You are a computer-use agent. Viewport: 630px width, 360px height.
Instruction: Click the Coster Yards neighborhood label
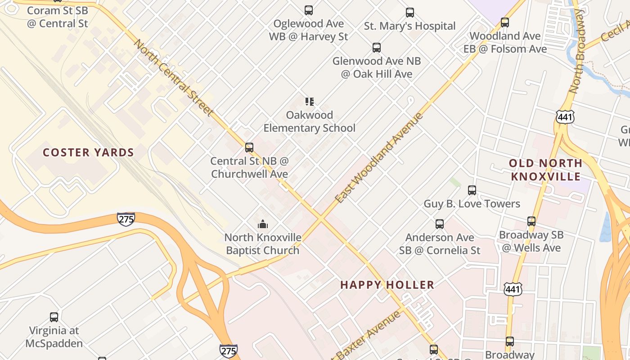coord(88,153)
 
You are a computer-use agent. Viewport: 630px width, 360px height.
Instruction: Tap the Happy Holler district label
coord(387,285)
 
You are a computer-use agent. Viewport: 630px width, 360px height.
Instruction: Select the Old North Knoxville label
coord(545,169)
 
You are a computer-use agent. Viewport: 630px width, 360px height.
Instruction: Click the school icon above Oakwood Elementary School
coord(309,102)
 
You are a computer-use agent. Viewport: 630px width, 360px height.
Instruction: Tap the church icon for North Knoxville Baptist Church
coord(263,224)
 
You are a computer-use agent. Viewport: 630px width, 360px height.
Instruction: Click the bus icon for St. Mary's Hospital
coord(409,13)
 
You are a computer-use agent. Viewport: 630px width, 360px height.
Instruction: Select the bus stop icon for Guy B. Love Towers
coord(472,190)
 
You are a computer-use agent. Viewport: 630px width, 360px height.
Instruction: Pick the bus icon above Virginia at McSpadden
coord(54,317)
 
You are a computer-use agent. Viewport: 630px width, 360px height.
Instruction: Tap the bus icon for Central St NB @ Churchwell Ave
coord(249,147)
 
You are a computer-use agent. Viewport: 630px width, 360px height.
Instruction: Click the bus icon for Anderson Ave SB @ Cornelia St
coord(439,224)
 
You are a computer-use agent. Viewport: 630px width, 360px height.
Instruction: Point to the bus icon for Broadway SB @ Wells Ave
coord(531,221)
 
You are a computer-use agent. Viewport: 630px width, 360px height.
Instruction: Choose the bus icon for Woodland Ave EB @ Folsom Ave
coord(505,22)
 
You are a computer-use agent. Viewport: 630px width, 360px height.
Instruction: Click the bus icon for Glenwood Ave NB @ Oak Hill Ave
coord(376,48)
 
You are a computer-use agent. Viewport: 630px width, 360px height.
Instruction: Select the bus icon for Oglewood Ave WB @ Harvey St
coord(308,10)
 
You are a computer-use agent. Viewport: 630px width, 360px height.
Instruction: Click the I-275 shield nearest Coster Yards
coord(126,219)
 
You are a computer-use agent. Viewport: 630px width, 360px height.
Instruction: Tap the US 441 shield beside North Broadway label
coord(564,117)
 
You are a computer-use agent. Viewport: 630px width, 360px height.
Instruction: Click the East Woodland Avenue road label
coord(379,157)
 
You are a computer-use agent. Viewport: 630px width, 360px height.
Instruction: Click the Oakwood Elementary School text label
coord(309,121)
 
